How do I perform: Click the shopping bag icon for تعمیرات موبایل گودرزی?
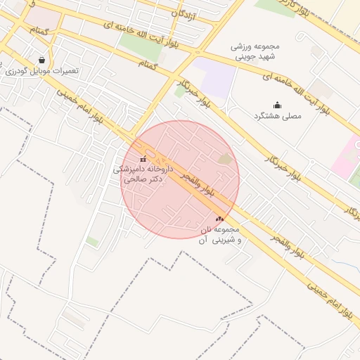(43, 60)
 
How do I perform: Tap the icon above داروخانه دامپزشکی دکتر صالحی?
(143, 160)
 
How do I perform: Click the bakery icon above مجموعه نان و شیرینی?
(219, 219)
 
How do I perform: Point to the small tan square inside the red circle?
(225, 160)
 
